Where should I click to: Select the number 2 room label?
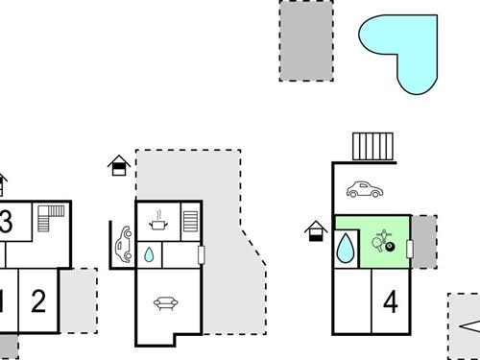(x=38, y=301)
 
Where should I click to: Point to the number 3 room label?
(x=6, y=223)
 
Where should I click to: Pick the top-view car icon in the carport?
(x=124, y=244)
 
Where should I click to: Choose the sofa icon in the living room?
(x=164, y=303)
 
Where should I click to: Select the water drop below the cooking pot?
(x=150, y=255)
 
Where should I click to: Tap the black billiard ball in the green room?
(x=390, y=248)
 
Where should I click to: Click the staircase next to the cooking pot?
(x=189, y=220)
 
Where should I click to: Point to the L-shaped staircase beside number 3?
(x=49, y=222)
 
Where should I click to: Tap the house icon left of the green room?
(x=315, y=232)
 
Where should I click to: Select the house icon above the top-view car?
(x=118, y=164)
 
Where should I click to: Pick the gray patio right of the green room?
(x=423, y=241)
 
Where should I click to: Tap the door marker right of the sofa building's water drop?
(x=202, y=254)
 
